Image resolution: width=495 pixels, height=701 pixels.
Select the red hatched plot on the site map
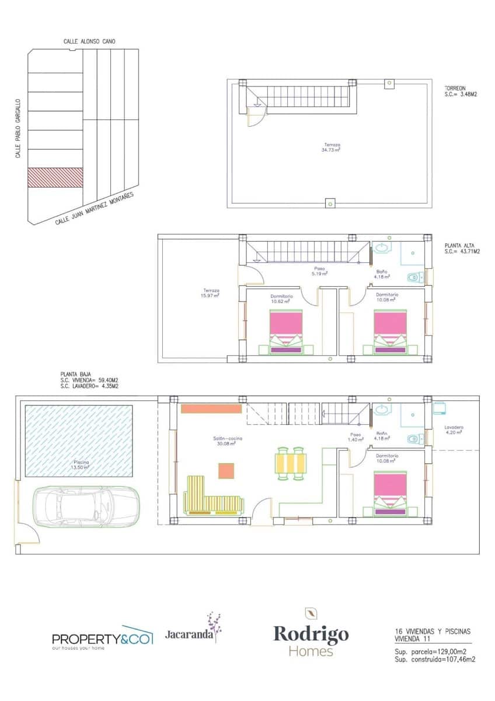tap(55, 178)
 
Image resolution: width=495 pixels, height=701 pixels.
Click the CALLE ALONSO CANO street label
tap(89, 41)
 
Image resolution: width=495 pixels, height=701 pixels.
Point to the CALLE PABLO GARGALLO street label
tap(18, 128)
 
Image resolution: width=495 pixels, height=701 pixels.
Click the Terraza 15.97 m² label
tap(211, 293)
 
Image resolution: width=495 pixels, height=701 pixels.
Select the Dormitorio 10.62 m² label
tap(281, 299)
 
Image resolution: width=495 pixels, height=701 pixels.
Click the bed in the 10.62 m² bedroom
tap(286, 331)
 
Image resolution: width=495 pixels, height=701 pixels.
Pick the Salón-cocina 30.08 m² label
tap(228, 440)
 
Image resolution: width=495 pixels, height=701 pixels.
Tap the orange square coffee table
tap(226, 471)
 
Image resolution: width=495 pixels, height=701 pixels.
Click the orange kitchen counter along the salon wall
tap(211, 408)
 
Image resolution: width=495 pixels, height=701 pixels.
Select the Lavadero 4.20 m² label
tap(453, 430)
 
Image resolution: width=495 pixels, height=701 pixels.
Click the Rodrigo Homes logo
tap(311, 633)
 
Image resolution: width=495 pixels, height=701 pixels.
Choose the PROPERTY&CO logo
tap(102, 638)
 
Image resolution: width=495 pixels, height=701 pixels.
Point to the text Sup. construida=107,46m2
tap(434, 660)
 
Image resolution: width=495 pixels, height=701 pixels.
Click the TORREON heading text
tap(455, 88)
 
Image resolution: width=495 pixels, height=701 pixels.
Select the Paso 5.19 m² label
tap(319, 270)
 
